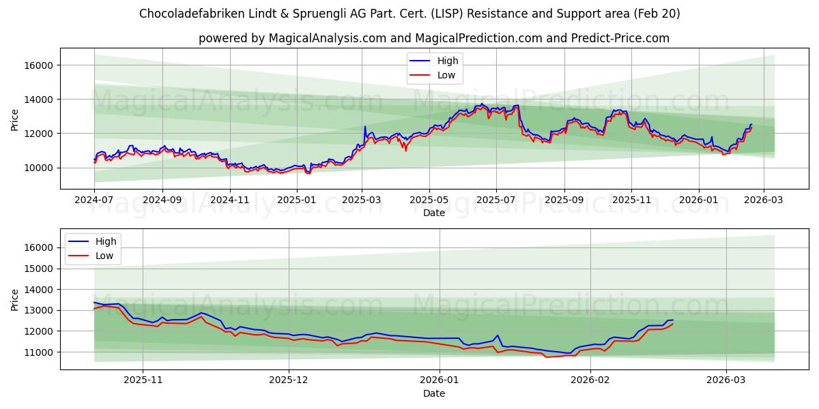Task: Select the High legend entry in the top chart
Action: (448, 61)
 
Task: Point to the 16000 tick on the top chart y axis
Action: (40, 65)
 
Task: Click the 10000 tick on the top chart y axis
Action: (40, 168)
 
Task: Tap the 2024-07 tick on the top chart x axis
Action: (94, 200)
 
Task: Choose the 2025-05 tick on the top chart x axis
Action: (429, 200)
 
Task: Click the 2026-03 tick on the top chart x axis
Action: (764, 200)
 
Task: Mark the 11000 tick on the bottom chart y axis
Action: (40, 352)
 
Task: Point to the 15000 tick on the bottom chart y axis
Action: (40, 269)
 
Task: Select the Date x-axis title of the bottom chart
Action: (434, 393)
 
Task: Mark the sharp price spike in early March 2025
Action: (365, 127)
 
